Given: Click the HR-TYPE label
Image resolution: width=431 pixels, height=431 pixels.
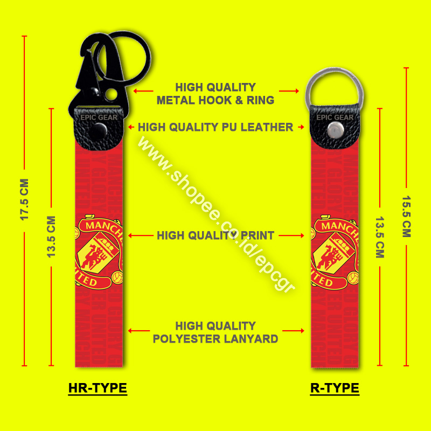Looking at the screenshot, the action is pos(98,388).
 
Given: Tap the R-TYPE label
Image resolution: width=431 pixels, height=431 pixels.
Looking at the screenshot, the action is pos(335,388).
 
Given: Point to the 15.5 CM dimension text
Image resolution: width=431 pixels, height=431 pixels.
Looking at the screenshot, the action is pos(406,215).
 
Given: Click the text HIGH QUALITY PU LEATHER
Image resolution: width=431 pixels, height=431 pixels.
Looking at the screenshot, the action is pos(215,128).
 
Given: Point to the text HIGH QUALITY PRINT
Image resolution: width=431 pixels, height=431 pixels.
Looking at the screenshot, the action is pos(215,235).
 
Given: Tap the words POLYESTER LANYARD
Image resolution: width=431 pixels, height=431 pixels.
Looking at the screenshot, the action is pos(215,339).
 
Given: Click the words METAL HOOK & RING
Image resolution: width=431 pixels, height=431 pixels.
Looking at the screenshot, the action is pos(215,100).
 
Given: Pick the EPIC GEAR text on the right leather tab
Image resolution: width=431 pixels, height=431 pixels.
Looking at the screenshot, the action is pos(335,117).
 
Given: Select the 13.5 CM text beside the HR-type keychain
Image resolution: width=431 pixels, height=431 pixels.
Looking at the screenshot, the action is pos(52,237).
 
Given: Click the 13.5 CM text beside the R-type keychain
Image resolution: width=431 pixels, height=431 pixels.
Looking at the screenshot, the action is pos(379,237).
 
